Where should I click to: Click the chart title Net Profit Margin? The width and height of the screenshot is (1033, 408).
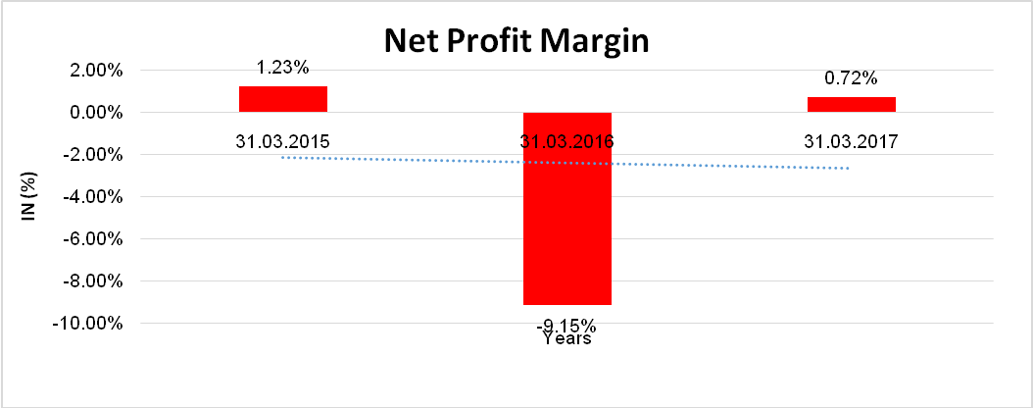tap(516, 40)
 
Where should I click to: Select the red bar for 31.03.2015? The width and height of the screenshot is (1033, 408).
tap(282, 99)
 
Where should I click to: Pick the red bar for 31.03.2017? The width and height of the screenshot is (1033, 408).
tap(851, 105)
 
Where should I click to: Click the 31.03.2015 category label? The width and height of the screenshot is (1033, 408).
tap(282, 141)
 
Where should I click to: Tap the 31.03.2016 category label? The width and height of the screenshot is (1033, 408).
tap(566, 141)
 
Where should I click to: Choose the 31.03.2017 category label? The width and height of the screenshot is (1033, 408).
tap(851, 141)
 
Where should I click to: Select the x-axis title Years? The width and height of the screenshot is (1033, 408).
tap(566, 339)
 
